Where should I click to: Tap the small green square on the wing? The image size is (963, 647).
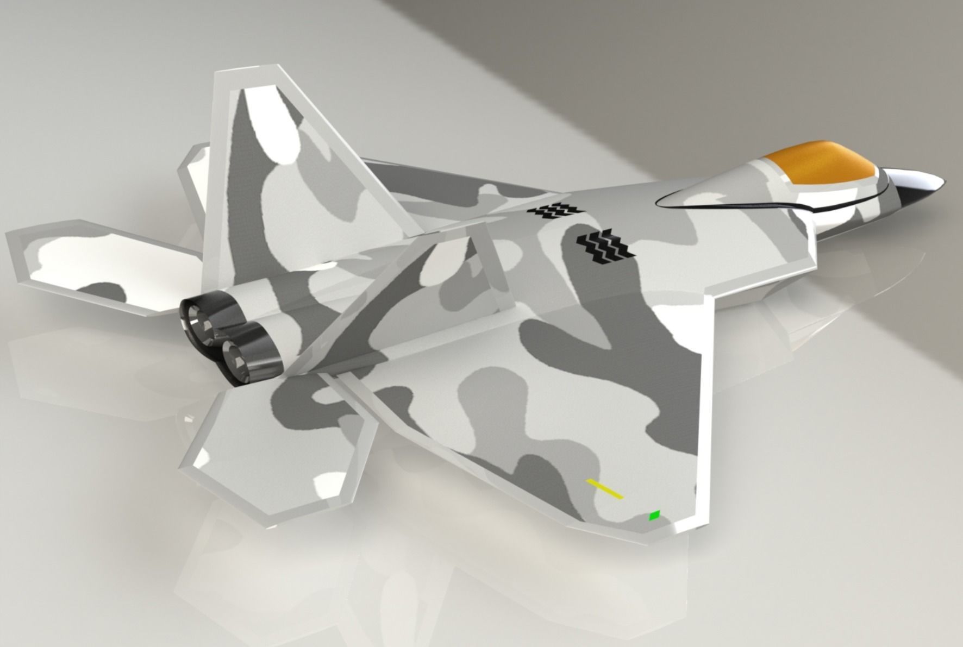tap(655, 515)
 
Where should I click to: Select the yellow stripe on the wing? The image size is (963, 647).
tap(604, 488)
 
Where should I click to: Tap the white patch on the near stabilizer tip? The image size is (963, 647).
tap(332, 483)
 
